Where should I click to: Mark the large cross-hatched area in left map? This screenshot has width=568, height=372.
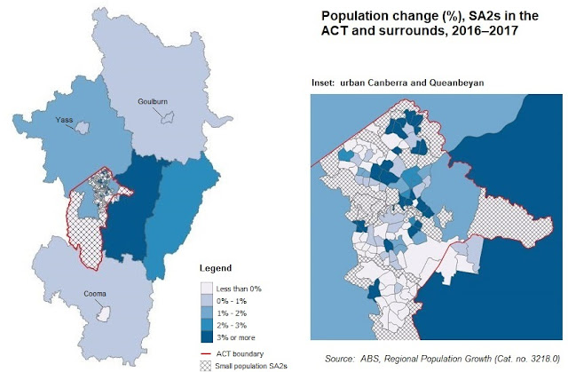(84, 233)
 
